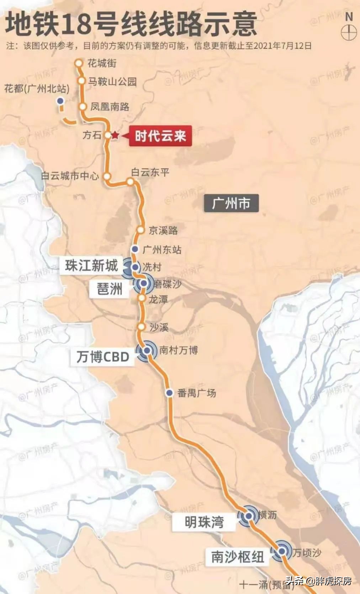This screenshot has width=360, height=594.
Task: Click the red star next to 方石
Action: pyautogui.click(x=115, y=135)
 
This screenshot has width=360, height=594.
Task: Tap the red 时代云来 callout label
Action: pyautogui.click(x=160, y=136)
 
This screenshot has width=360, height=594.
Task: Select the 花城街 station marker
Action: pyautogui.click(x=78, y=63)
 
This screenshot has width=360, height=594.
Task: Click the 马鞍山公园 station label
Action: pyautogui.click(x=112, y=82)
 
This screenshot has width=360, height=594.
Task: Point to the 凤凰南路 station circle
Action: pyautogui.click(x=83, y=106)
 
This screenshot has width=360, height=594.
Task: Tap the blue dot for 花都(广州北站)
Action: pyautogui.click(x=60, y=101)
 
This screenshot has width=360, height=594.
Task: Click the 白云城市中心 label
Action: pyautogui.click(x=70, y=176)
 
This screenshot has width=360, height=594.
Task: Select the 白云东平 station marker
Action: pyautogui.click(x=130, y=182)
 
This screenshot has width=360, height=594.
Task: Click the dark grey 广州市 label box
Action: pyautogui.click(x=231, y=204)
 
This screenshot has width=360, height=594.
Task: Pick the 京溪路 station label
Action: pyautogui.click(x=163, y=230)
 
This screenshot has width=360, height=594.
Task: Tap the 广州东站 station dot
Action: pyautogui.click(x=134, y=249)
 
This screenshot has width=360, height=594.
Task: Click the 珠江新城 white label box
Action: pyautogui.click(x=91, y=266)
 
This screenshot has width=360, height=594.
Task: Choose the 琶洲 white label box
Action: pyautogui.click(x=110, y=289)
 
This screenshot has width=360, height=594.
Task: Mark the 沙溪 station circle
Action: pyautogui.click(x=142, y=327)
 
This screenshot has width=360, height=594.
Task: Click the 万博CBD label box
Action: pyautogui.click(x=103, y=357)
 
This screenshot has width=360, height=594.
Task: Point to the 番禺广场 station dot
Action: pyautogui.click(x=170, y=393)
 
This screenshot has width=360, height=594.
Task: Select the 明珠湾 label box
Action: pyautogui.click(x=204, y=522)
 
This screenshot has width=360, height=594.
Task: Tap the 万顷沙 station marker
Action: pyautogui.click(x=282, y=551)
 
